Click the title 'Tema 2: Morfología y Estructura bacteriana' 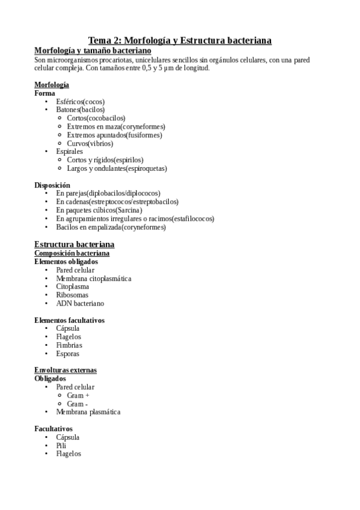[180, 40]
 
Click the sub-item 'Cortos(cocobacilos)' [96, 118]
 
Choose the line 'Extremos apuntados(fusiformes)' [114, 135]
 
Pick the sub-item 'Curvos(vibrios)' [90, 144]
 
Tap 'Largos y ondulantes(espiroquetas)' [117, 169]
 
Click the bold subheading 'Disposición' [52, 185]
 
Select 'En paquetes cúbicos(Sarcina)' [99, 210]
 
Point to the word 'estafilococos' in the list [194, 219]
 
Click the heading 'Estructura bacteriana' [75, 244]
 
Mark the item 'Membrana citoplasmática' [93, 278]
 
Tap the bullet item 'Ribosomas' [72, 295]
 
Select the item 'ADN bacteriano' [80, 304]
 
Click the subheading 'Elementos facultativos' [69, 321]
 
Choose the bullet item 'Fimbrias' [69, 346]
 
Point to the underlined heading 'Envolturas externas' [66, 370]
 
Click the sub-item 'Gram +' [78, 396]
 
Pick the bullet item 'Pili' [61, 446]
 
